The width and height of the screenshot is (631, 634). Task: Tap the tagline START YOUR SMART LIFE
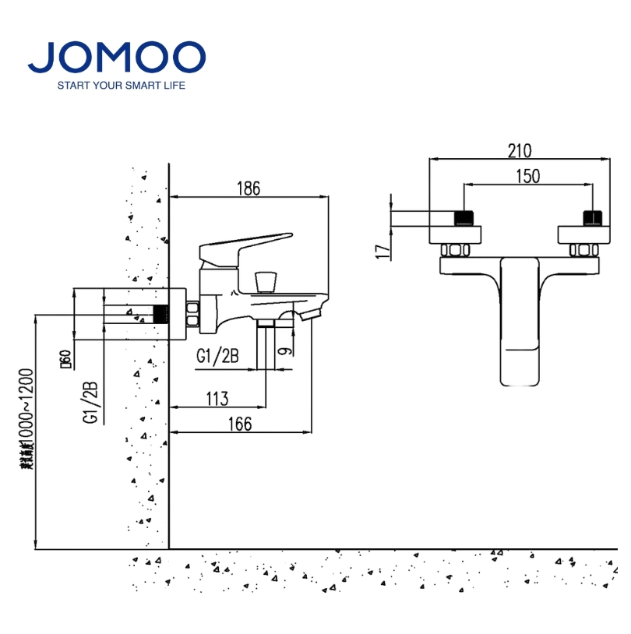click(x=122, y=85)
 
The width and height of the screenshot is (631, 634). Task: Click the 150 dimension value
click(x=527, y=177)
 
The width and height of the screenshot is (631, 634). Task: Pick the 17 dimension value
click(x=381, y=251)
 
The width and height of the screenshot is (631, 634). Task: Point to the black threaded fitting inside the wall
click(x=161, y=315)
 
